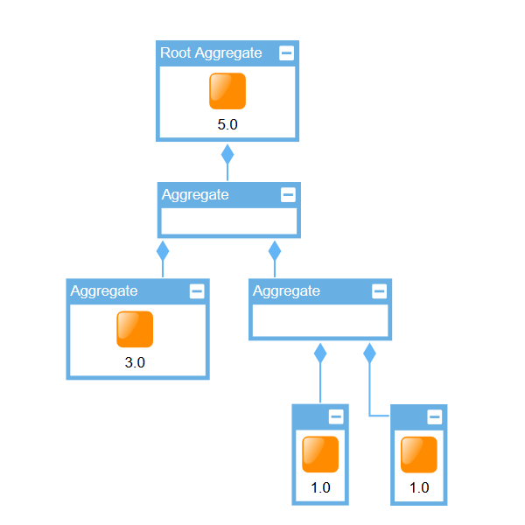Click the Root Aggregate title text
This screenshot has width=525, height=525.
[211, 53]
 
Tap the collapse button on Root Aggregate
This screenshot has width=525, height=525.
[286, 53]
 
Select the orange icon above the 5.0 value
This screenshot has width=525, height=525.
[227, 91]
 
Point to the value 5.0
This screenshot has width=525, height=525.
[227, 124]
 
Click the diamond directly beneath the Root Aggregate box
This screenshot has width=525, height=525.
[227, 155]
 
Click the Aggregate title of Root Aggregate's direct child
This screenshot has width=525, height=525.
[195, 195]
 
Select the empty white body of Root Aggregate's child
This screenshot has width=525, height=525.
[228, 221]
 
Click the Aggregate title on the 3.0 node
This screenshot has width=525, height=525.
[104, 291]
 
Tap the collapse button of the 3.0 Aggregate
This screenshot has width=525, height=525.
[197, 291]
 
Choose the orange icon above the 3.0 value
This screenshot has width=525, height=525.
[135, 329]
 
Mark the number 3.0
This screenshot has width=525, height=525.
[135, 362]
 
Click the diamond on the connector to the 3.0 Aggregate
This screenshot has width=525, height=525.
[162, 251]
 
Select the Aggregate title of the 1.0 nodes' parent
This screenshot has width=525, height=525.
[286, 291]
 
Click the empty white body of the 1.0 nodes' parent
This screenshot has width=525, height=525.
[320, 320]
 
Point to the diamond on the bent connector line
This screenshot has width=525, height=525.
[369, 353]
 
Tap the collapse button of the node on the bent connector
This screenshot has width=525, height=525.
[434, 416]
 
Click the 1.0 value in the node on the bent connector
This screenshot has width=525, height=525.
[419, 488]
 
